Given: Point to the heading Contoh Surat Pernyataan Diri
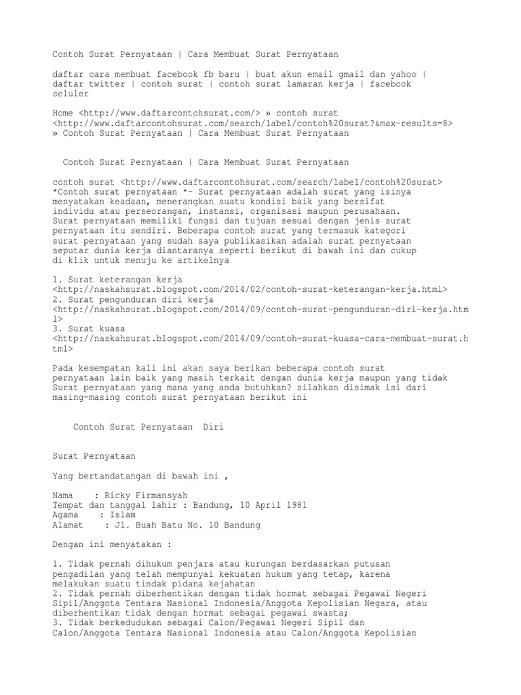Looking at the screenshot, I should (147, 428).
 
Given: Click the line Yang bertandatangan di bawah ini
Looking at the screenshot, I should (140, 476).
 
